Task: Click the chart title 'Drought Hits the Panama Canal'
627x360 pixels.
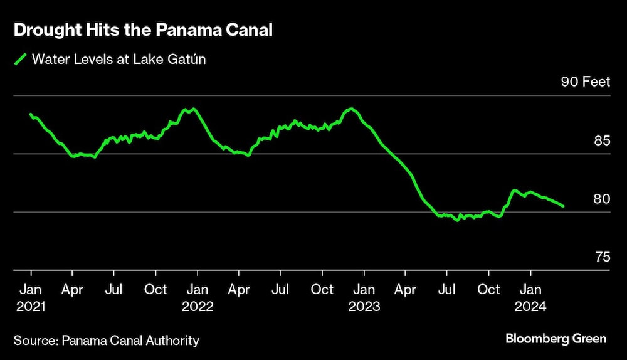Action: coord(143,31)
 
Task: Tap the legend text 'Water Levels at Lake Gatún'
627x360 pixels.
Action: coord(119,60)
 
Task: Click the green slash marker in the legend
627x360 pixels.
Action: coord(21,60)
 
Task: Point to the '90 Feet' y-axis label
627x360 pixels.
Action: coord(585,82)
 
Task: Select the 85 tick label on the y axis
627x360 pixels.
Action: coord(601,140)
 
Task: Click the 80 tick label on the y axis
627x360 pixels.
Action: coord(601,199)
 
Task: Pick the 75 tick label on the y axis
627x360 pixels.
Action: coord(601,257)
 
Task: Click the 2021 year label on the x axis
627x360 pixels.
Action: coord(31,307)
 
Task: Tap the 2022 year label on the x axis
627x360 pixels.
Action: coord(198,307)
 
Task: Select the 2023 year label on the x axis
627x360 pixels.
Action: coord(364,307)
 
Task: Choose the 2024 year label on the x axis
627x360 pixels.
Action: coord(531,307)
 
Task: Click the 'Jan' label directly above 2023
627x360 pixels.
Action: coord(364,290)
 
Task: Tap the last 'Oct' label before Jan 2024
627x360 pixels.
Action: coord(489,290)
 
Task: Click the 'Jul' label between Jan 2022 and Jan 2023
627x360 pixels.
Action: coord(280,290)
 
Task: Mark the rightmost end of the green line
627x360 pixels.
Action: coord(563,206)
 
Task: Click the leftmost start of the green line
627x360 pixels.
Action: coord(31,114)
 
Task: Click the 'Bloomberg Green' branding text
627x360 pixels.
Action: coord(556,339)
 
